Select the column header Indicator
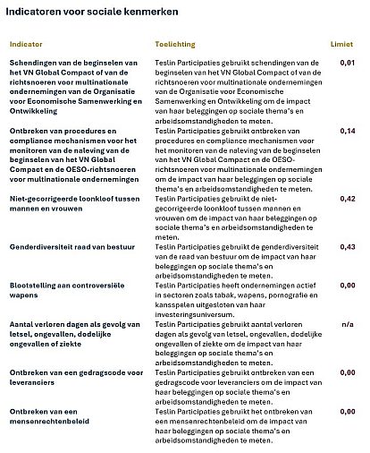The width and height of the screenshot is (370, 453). [26, 43]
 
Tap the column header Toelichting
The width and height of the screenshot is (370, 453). [174, 43]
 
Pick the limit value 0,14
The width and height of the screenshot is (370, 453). [348, 131]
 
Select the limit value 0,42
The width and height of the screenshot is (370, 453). [348, 199]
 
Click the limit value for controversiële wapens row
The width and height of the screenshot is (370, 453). [348, 286]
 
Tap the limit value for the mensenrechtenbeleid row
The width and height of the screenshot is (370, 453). [348, 412]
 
